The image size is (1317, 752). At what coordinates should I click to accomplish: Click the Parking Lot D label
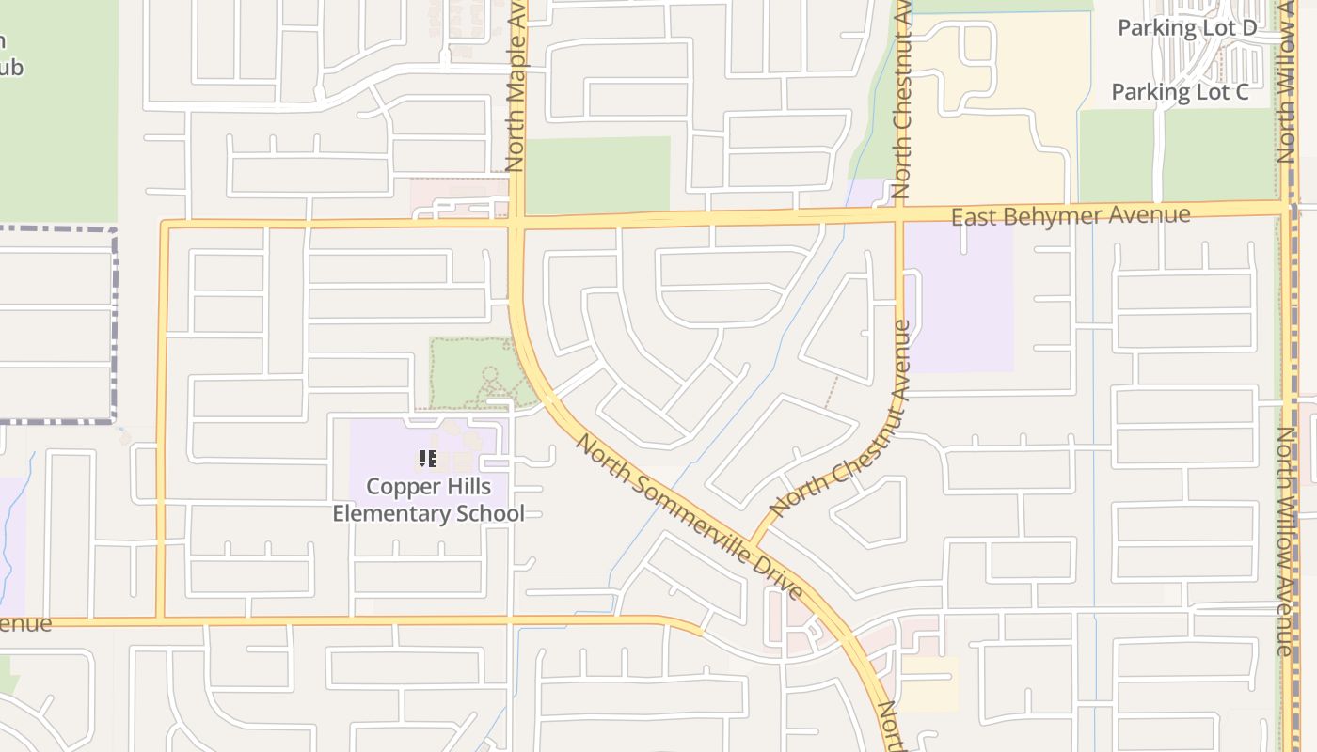pyautogui.click(x=1186, y=28)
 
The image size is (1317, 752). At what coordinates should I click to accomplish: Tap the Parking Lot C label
pyautogui.click(x=1180, y=92)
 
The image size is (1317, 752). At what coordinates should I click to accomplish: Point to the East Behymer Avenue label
pyautogui.click(x=1071, y=216)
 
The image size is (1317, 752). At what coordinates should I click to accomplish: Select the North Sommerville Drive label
pyautogui.click(x=690, y=516)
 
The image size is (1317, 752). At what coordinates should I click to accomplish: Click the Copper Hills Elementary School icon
pyautogui.click(x=428, y=459)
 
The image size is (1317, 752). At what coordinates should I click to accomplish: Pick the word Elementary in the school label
pyautogui.click(x=391, y=513)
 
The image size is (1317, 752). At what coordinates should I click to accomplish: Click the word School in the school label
pyautogui.click(x=489, y=513)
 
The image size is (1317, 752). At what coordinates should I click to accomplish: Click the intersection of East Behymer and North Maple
pyautogui.click(x=516, y=223)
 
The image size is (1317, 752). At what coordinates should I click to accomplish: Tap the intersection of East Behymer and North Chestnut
pyautogui.click(x=898, y=217)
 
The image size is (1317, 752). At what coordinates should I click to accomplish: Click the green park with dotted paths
pyautogui.click(x=470, y=371)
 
